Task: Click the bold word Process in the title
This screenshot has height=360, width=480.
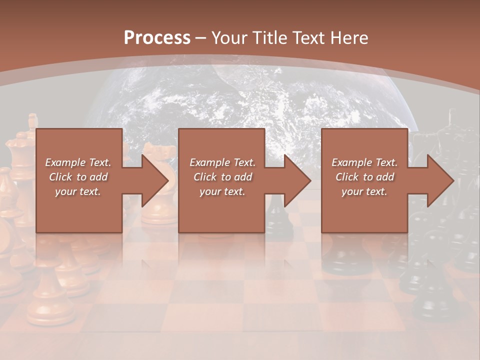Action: tap(157, 38)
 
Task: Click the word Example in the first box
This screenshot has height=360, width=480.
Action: tap(65, 162)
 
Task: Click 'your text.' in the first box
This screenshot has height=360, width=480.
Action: tap(78, 191)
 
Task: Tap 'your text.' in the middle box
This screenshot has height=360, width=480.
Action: tap(222, 191)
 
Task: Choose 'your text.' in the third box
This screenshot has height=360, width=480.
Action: tap(364, 191)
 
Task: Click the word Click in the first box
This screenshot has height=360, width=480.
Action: tap(60, 177)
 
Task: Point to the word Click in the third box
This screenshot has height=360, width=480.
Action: tap(347, 177)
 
